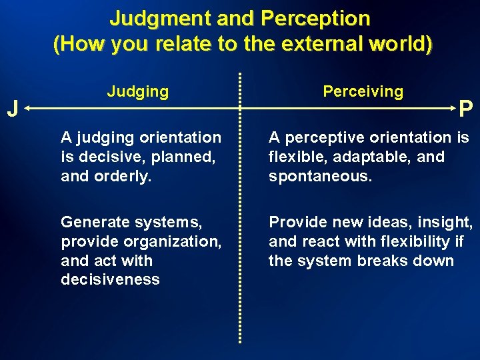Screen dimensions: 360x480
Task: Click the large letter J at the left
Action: (x=11, y=108)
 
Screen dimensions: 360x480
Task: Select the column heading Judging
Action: (x=137, y=91)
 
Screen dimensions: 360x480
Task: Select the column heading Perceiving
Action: (x=363, y=91)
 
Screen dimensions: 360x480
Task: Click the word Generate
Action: (x=92, y=222)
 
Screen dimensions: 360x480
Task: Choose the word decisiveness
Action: (x=110, y=279)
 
